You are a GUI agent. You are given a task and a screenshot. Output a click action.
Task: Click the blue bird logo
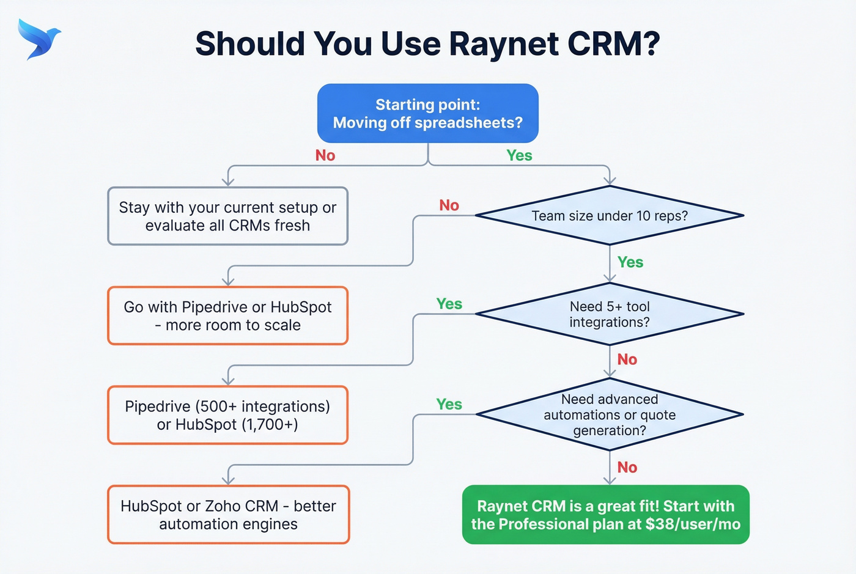click(39, 39)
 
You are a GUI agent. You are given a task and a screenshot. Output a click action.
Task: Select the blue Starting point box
click(427, 114)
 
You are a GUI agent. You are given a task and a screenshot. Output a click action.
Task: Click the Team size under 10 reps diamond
click(610, 216)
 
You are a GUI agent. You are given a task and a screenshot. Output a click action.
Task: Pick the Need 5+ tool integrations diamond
click(610, 314)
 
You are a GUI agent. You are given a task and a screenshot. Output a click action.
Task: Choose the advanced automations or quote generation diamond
click(610, 414)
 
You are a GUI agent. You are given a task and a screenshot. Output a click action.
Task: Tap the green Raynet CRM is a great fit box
click(605, 515)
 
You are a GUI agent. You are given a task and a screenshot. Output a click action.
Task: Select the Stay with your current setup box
click(227, 216)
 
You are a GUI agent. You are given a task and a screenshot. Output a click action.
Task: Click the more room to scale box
click(227, 316)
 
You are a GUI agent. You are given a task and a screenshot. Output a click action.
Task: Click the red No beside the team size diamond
click(449, 205)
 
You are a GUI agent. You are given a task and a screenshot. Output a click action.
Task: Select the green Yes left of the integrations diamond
click(449, 304)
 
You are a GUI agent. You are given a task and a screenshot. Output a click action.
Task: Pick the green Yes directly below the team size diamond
click(630, 262)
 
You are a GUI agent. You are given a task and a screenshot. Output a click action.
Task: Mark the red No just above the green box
click(627, 468)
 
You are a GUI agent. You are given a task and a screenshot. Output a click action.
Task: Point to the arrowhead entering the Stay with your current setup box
click(228, 182)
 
